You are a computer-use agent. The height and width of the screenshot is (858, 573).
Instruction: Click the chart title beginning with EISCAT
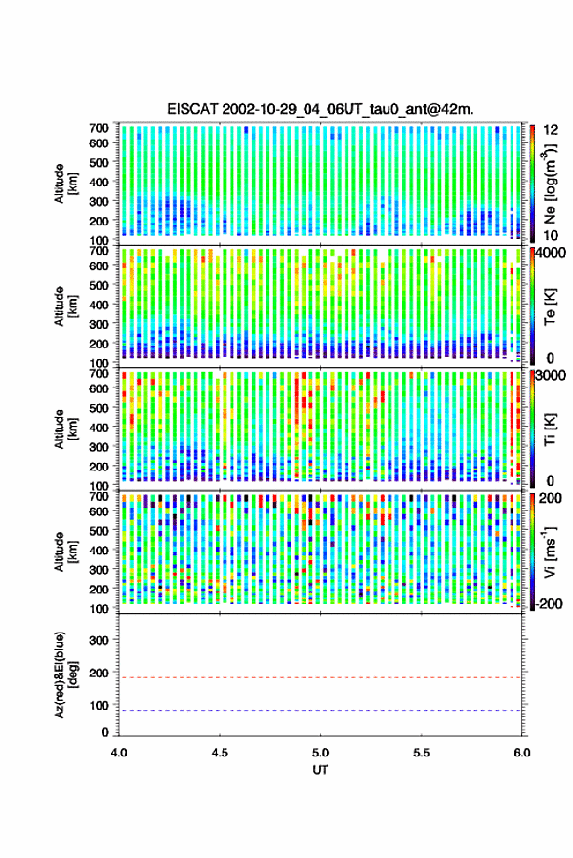click(320, 109)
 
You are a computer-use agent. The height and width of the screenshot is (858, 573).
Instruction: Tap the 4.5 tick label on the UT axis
click(220, 753)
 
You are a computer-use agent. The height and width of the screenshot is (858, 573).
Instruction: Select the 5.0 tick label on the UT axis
click(321, 753)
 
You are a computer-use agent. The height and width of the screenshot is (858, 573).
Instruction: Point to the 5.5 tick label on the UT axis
click(422, 753)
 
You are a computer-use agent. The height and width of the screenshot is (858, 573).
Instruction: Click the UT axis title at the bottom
click(320, 770)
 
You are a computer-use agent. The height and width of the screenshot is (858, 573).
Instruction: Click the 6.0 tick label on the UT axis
click(522, 753)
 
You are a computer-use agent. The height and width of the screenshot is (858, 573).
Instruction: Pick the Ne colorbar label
click(549, 184)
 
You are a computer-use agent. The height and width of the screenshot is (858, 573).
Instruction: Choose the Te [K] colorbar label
click(550, 306)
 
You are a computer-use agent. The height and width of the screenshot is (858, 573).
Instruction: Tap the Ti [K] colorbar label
click(550, 429)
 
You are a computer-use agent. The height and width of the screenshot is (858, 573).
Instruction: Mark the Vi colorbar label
click(550, 552)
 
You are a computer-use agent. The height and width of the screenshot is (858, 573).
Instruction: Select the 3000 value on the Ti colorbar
click(549, 375)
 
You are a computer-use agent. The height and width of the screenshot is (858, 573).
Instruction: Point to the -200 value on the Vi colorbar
click(548, 603)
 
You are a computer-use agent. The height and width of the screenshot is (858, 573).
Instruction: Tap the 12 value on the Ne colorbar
click(551, 130)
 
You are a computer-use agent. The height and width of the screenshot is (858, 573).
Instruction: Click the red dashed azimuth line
click(320, 677)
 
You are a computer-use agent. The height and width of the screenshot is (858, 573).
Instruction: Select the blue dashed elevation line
click(320, 711)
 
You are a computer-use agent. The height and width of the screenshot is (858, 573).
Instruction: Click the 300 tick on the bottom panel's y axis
click(99, 640)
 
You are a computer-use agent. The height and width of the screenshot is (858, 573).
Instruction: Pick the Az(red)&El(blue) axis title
click(66, 674)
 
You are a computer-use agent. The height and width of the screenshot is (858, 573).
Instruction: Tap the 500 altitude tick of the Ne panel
click(99, 162)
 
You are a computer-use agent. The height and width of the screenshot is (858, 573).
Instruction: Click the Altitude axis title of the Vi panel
click(66, 552)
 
